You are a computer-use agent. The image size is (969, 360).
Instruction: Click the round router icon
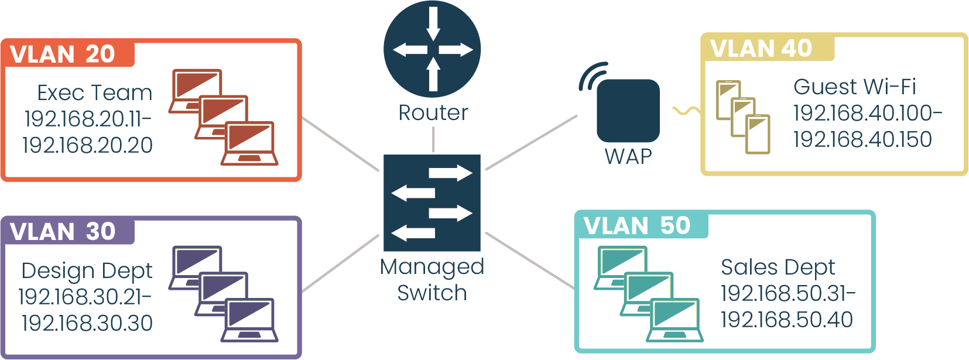(x=432, y=49)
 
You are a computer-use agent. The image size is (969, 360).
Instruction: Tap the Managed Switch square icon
(x=432, y=203)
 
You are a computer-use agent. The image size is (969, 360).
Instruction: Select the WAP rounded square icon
(x=628, y=111)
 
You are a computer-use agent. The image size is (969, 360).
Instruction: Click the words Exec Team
(x=95, y=92)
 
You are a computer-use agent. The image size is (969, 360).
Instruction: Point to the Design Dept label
(x=87, y=270)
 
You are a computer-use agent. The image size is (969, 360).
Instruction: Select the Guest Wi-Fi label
(x=854, y=87)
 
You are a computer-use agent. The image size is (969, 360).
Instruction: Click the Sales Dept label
(x=778, y=267)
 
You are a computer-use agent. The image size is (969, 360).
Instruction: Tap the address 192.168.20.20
(x=88, y=145)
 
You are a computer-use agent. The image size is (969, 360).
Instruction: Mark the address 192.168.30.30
(x=88, y=323)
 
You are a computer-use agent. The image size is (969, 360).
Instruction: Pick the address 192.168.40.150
(x=862, y=139)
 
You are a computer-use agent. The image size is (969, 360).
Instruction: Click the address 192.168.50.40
(x=786, y=320)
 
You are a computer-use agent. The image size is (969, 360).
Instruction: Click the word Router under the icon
(x=433, y=112)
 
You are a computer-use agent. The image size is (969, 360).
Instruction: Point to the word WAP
(x=628, y=156)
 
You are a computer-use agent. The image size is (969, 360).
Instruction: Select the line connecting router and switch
(x=433, y=139)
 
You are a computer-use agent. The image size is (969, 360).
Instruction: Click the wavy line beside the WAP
(x=685, y=111)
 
